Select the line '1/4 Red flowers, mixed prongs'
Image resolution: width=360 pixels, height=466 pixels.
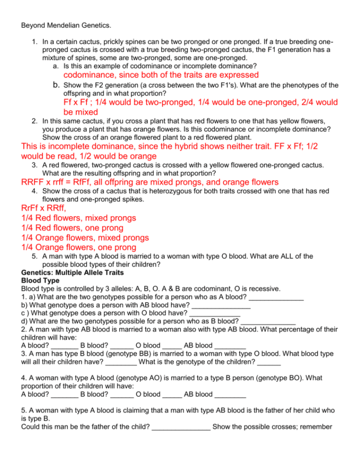tap(79, 218)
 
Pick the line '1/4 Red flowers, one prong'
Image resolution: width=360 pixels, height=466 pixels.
tap(72, 228)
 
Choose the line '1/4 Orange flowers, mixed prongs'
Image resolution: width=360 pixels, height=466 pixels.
tap(85, 238)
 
